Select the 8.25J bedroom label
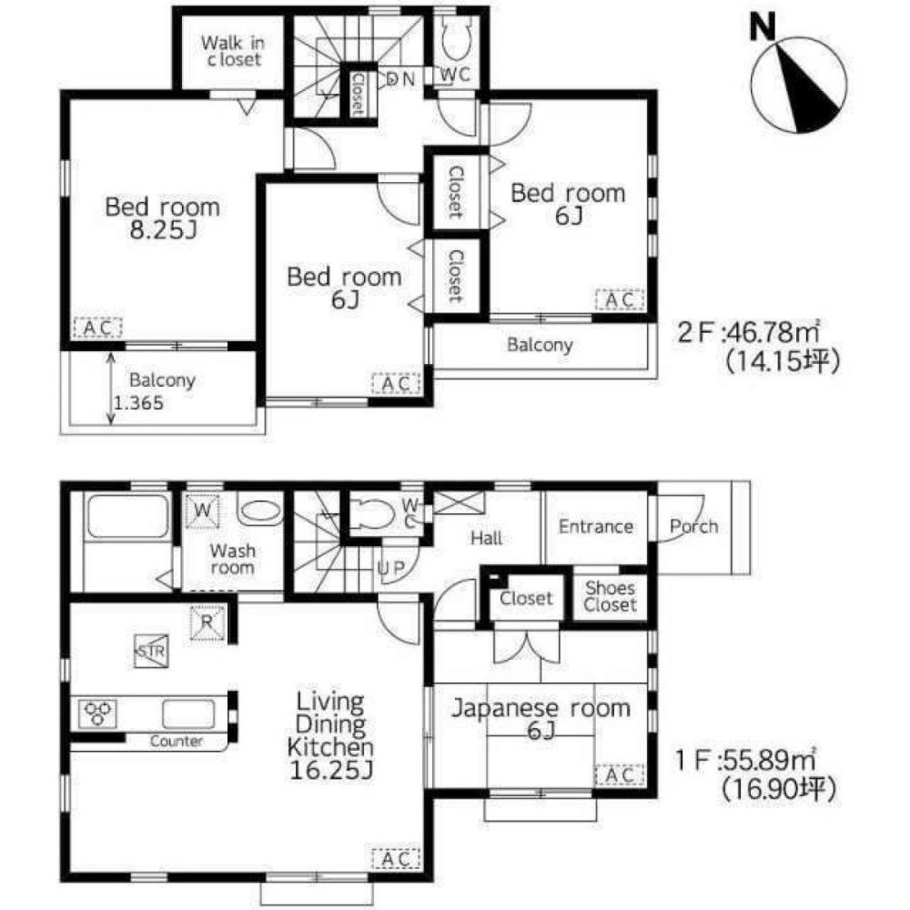162,217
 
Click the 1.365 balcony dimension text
140,404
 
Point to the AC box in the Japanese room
620,775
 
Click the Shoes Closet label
610,597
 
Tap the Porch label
693,526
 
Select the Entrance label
595,527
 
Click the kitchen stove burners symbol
97,712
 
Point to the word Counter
177,742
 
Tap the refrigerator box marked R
207,623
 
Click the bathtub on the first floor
126,520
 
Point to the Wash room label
232,559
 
